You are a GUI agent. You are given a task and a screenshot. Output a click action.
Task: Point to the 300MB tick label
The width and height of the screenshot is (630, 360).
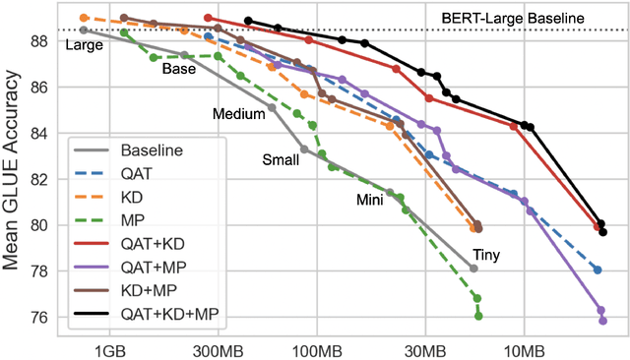click(x=218, y=350)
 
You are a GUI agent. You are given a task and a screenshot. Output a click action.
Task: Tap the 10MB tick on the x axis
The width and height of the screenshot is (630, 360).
click(x=523, y=350)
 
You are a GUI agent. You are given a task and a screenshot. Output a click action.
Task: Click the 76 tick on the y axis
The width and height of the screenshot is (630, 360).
click(x=39, y=318)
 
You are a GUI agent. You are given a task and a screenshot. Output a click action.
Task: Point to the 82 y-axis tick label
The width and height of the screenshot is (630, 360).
click(x=39, y=179)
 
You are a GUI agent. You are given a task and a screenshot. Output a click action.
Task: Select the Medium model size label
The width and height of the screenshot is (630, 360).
click(x=239, y=114)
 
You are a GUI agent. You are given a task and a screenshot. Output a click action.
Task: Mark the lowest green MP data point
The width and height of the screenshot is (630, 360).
click(x=478, y=316)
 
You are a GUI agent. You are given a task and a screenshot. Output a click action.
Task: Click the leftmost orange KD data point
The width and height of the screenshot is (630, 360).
click(x=84, y=18)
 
